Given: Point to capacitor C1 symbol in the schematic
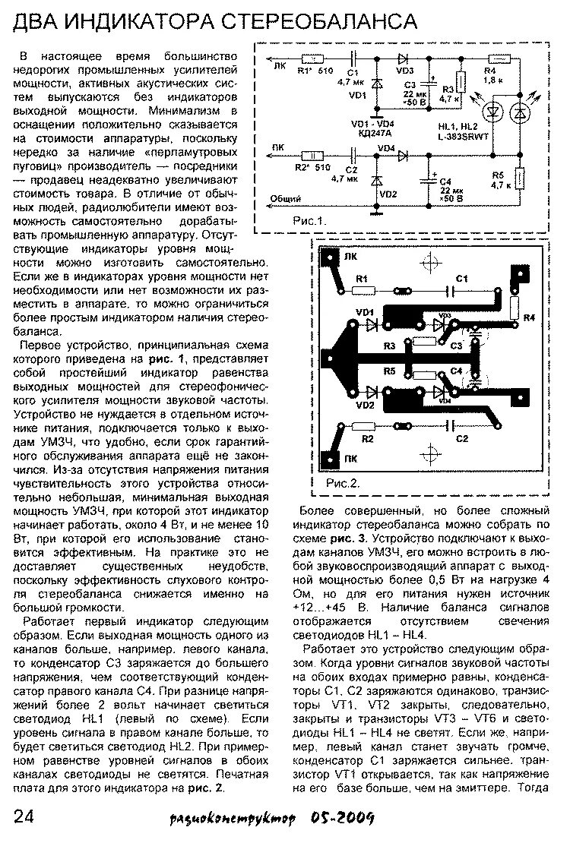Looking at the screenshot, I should (352, 58).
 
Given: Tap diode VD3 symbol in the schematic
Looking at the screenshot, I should (400, 58).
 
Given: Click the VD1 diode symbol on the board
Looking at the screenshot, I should (372, 325).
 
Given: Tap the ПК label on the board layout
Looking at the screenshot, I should (350, 459).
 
